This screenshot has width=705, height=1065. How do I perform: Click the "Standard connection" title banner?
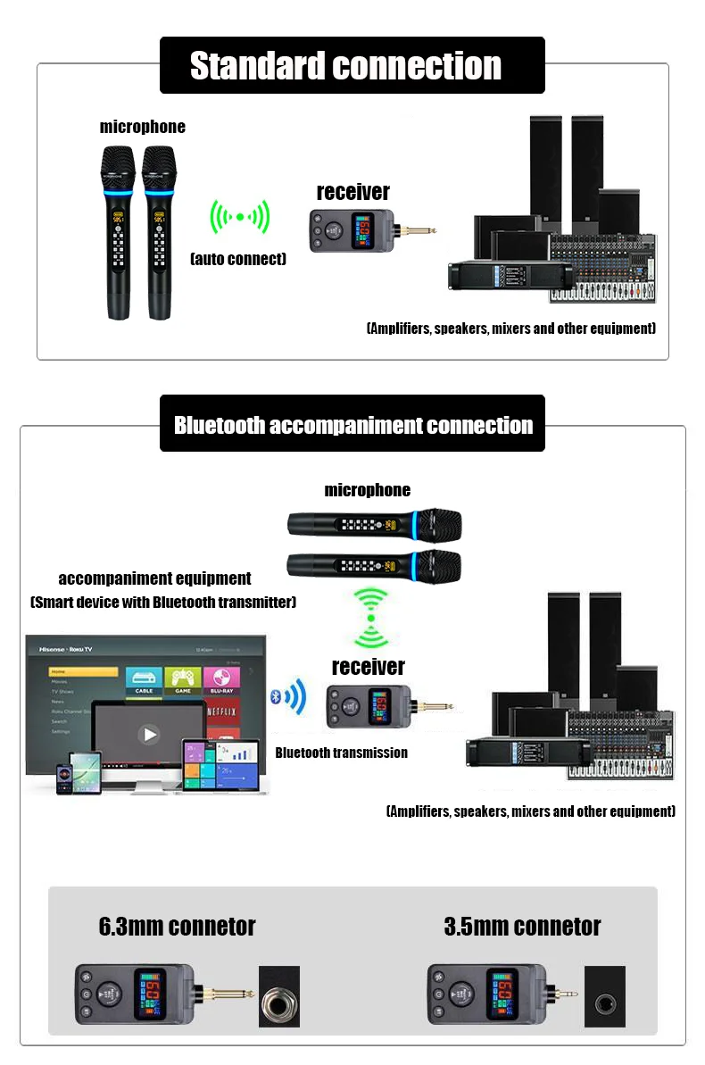pos(351,65)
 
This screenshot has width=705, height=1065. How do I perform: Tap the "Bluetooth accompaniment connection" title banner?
pos(352,425)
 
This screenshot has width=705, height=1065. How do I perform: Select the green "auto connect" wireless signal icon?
pos(238,216)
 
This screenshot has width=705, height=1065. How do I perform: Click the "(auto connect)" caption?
pos(238,259)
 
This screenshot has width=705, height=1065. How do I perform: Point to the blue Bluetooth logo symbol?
pos(276,697)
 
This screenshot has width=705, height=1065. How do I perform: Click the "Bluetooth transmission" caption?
pos(341,753)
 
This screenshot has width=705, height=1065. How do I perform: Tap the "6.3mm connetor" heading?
pos(177,927)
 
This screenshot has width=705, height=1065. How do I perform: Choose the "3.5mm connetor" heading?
pos(522,927)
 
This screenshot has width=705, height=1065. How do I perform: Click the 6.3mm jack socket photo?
pos(279,996)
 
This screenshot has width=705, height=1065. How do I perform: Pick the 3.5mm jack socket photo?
pos(604,996)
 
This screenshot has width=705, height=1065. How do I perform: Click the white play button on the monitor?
pos(149,735)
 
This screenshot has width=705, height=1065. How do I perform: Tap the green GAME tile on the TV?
pos(183,680)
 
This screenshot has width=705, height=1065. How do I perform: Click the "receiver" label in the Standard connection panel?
pos(353,192)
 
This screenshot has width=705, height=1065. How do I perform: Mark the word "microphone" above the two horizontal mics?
pos(367,490)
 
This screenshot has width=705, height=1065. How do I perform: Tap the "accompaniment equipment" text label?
pos(154,578)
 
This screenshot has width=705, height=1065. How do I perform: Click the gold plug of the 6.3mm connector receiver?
pos(228,993)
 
